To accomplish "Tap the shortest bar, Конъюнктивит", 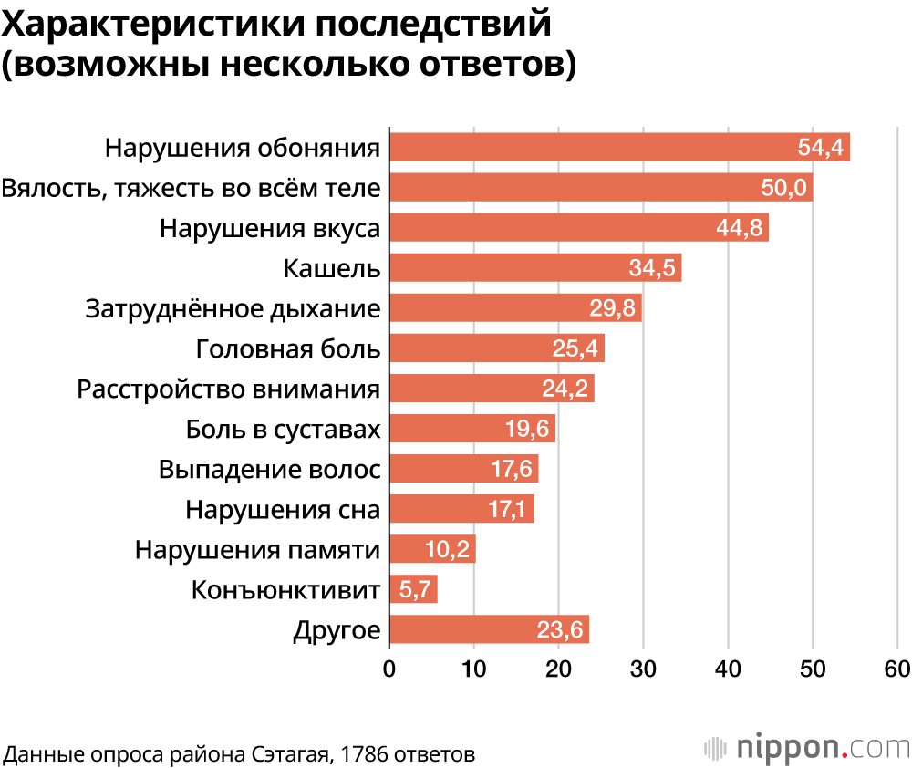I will (x=413, y=589).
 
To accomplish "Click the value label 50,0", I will (x=783, y=188).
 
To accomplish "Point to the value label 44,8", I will (x=740, y=228).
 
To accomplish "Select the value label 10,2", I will (x=447, y=549).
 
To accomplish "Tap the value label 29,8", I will (x=613, y=308).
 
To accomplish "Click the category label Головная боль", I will (x=288, y=348).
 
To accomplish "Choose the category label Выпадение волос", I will (x=269, y=469).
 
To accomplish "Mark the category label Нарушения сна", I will (x=283, y=509).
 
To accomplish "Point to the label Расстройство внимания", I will (x=228, y=389).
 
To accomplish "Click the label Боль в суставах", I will (x=283, y=429).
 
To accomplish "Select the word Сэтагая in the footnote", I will (x=289, y=754).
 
